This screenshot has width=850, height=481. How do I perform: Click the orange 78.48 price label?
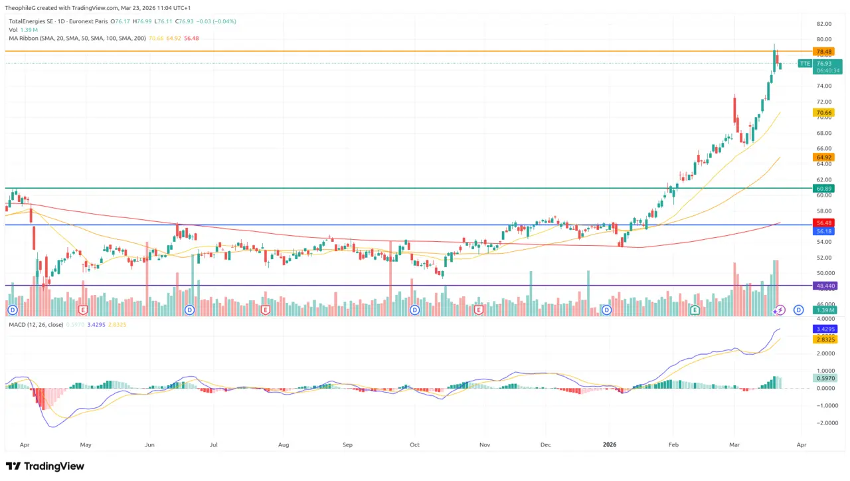click(824, 52)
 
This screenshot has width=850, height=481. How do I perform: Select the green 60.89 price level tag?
click(824, 189)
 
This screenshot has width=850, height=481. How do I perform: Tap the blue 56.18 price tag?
click(824, 231)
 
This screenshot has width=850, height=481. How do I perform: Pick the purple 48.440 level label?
click(825, 286)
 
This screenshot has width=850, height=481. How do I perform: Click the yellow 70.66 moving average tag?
click(824, 113)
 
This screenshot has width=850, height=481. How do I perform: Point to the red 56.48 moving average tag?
click(824, 223)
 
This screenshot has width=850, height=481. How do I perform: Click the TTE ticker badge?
click(805, 64)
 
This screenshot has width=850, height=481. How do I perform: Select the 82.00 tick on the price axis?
click(824, 24)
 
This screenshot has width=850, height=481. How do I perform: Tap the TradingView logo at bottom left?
click(45, 466)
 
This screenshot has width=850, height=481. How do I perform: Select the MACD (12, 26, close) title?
click(37, 324)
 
